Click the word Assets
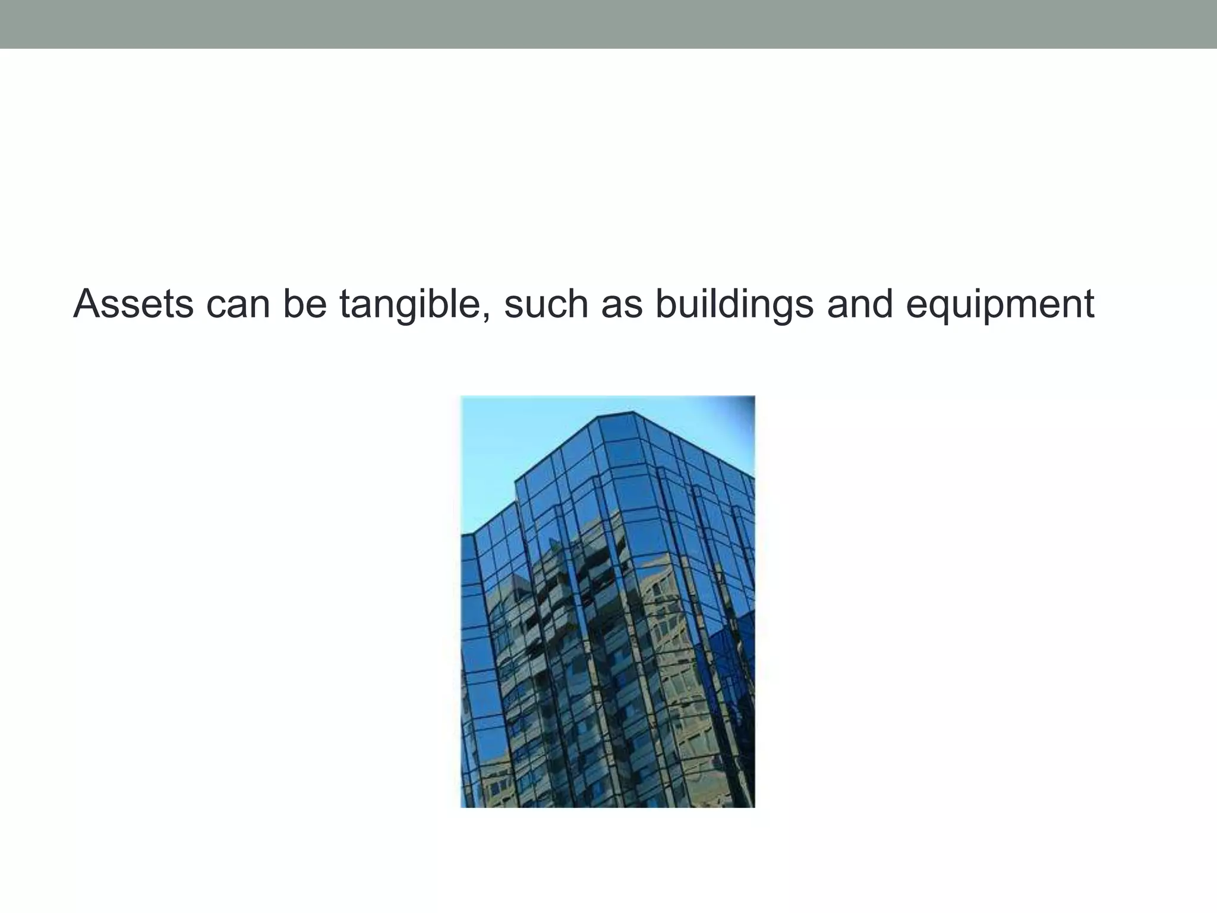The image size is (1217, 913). coord(133,304)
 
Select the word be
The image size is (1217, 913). coord(304,304)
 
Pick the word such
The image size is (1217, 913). coord(546,304)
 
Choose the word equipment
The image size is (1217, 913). coord(1000,304)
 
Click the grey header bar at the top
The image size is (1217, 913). coord(608,24)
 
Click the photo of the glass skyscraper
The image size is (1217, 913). coord(607,600)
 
